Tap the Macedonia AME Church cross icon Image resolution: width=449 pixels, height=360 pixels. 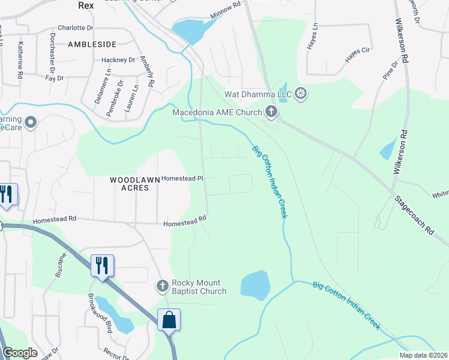click(x=271, y=112)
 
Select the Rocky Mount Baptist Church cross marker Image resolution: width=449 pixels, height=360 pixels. click(x=162, y=286)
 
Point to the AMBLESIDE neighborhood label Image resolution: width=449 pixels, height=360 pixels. click(x=91, y=44)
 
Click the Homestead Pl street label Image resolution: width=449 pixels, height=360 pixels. click(x=183, y=178)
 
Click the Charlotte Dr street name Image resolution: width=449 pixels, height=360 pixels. click(x=76, y=28)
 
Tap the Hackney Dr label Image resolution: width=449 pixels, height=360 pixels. click(x=118, y=60)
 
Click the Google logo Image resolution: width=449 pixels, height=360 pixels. click(x=20, y=353)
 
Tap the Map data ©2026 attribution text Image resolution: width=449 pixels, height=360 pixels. click(x=423, y=355)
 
